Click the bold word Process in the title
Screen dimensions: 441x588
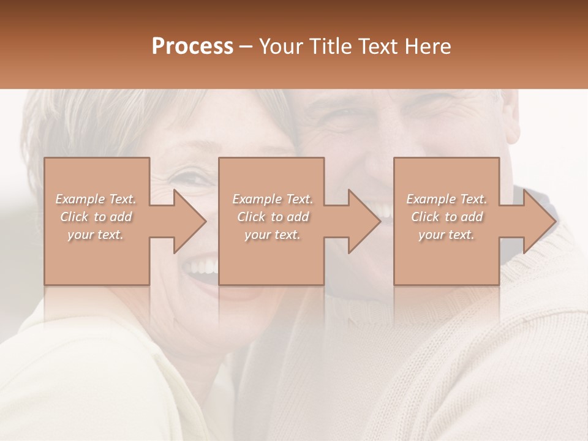click(x=192, y=47)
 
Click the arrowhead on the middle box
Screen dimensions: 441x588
click(x=364, y=221)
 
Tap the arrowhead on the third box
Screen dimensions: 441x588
click(x=539, y=221)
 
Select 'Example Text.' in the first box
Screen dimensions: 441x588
click(x=96, y=199)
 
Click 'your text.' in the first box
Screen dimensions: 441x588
click(x=96, y=235)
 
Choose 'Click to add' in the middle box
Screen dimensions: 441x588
click(x=273, y=217)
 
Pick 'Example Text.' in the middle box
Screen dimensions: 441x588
click(x=273, y=199)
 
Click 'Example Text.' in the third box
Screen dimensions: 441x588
click(x=447, y=199)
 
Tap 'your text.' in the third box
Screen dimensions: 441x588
click(x=447, y=235)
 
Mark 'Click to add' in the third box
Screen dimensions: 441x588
click(x=447, y=217)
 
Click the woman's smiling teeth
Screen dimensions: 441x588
click(x=202, y=266)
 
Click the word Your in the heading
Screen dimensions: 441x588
click(x=282, y=47)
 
